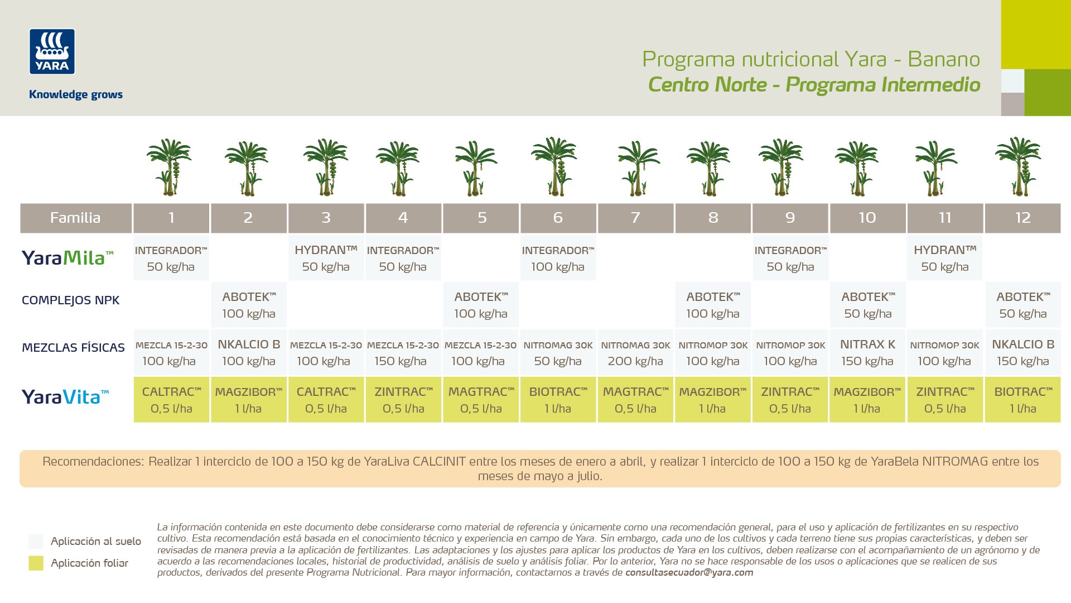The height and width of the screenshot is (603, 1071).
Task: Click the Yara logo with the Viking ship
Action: tap(52, 51)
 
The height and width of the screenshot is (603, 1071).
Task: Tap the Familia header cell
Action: tap(76, 218)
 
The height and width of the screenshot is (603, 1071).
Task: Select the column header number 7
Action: tap(635, 218)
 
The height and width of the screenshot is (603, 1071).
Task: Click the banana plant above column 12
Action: tap(1019, 166)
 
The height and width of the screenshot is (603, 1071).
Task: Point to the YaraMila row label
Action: tap(67, 257)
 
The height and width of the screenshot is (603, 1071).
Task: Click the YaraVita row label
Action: tap(65, 397)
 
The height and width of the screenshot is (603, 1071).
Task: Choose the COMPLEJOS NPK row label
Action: tap(70, 300)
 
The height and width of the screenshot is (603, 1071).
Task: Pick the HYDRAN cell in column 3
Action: tap(326, 258)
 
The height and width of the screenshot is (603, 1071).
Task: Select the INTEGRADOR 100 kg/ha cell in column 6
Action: tap(558, 258)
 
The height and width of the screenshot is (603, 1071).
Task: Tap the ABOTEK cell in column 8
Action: tap(713, 305)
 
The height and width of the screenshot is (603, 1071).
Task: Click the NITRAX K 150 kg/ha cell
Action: tap(867, 352)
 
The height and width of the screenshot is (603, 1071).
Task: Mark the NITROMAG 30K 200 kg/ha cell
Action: tap(635, 352)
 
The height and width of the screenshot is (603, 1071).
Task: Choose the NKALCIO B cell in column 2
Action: tap(249, 352)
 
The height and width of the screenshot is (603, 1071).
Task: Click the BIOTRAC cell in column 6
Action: tap(558, 400)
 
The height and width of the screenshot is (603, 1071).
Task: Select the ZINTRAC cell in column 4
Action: tap(403, 400)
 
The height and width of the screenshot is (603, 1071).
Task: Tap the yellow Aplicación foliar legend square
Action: tap(36, 563)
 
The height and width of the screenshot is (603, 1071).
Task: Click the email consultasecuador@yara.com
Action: tap(689, 572)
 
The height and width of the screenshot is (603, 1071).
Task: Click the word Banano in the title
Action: tap(944, 59)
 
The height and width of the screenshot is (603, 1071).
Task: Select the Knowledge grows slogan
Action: tap(76, 94)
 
